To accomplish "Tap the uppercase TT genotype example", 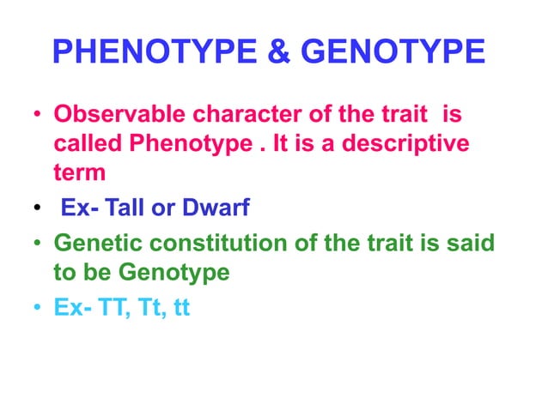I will click(x=109, y=307).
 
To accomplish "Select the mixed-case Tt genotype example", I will click(x=145, y=307).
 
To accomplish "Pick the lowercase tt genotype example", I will click(x=180, y=307).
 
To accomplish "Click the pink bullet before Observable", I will click(x=38, y=115).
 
